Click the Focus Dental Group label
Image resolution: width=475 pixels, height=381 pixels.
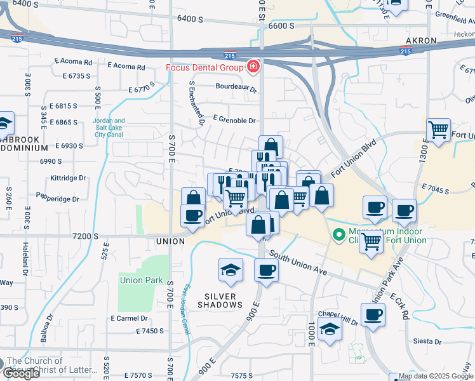pos(204,67)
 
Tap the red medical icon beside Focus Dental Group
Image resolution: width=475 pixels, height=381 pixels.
pos(253,67)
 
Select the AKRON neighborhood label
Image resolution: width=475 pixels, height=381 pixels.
pos(421,41)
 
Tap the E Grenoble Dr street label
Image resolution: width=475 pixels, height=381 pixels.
pos(234,119)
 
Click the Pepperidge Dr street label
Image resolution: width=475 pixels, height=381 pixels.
pos(58,198)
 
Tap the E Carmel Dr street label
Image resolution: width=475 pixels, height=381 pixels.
pos(129,318)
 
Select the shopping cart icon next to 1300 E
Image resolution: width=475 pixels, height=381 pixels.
pos(438,130)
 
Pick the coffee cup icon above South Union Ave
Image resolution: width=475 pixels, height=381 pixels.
pos(266,270)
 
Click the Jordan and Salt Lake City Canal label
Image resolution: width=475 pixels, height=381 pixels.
pos(109,128)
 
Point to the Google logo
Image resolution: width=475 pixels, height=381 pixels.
pos(21,373)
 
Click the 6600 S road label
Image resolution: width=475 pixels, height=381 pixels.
pos(281,26)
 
